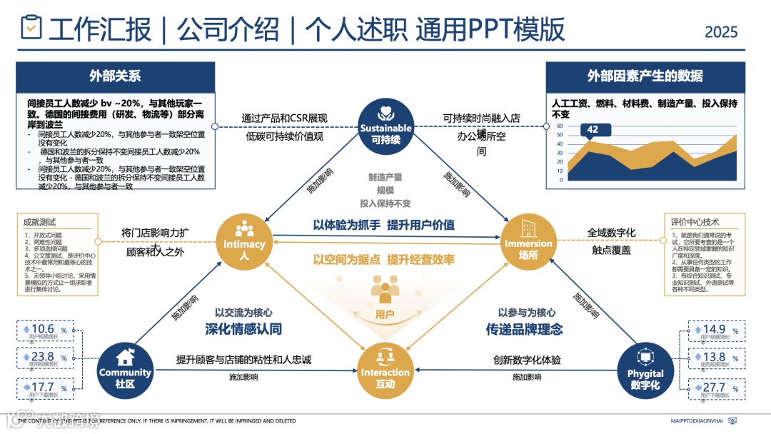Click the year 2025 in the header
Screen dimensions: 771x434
point(721,32)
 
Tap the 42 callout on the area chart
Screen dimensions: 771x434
point(593,130)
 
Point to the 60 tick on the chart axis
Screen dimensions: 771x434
point(560,126)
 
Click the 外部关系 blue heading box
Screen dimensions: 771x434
point(115,76)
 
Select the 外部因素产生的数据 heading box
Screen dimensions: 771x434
point(645,76)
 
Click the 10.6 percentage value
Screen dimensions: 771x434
point(43,329)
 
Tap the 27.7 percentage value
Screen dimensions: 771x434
point(714,388)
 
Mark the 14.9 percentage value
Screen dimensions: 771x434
point(714,329)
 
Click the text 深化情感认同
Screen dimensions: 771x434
point(243,329)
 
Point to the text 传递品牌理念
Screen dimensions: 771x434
point(525,329)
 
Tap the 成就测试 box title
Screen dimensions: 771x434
point(39,222)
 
